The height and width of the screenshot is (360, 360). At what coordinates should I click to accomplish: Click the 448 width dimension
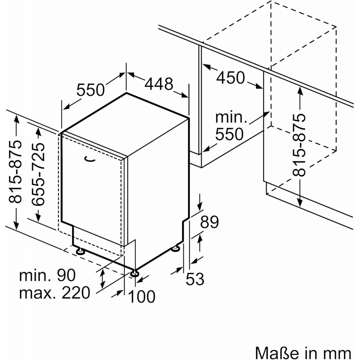point(159,84)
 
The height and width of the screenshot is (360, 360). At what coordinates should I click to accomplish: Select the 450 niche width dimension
point(230,78)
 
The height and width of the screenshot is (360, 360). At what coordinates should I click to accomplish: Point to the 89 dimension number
point(210,222)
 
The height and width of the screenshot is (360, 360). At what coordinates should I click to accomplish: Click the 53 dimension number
point(195,279)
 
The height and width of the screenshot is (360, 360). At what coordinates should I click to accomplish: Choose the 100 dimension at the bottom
point(141,296)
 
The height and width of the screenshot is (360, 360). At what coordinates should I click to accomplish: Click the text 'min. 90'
point(47,275)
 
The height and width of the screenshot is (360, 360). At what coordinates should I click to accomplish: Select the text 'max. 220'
point(55,293)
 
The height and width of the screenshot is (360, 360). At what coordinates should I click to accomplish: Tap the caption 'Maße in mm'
point(303,352)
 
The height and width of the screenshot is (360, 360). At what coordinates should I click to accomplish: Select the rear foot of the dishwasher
point(176,248)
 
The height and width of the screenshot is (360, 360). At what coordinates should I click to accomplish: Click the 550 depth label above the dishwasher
point(90,90)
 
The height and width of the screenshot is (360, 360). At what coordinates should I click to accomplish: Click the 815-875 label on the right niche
point(299,145)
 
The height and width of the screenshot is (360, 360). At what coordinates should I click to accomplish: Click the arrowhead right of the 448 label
point(185,95)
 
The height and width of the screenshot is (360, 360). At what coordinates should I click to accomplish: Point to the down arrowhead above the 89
point(200,206)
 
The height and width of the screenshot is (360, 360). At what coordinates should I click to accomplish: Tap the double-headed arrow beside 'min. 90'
point(103,279)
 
